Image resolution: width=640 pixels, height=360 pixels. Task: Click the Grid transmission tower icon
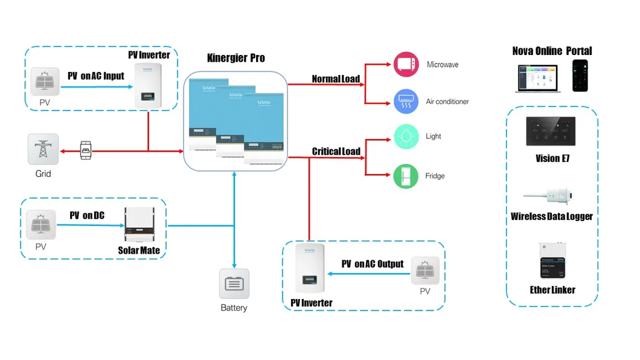(43, 149)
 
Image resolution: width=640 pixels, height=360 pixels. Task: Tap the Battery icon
(234, 284)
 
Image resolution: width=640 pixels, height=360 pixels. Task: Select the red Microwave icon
(406, 65)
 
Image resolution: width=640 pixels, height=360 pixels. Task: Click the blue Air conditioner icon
(406, 101)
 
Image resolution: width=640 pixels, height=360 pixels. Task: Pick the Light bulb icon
(406, 137)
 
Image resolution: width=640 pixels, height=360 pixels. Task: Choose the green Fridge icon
(406, 176)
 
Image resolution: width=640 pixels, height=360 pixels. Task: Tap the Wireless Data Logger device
(551, 194)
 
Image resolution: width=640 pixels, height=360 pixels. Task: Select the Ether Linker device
(552, 261)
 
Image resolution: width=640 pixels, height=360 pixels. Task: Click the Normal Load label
(336, 79)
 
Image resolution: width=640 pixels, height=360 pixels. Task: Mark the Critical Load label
(336, 152)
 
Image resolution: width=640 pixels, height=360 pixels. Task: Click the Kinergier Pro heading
(235, 59)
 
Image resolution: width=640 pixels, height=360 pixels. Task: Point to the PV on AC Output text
(372, 264)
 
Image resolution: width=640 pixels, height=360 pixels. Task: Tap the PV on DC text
(87, 215)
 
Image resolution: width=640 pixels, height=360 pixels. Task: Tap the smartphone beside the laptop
(581, 74)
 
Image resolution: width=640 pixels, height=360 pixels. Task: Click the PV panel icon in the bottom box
(425, 271)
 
